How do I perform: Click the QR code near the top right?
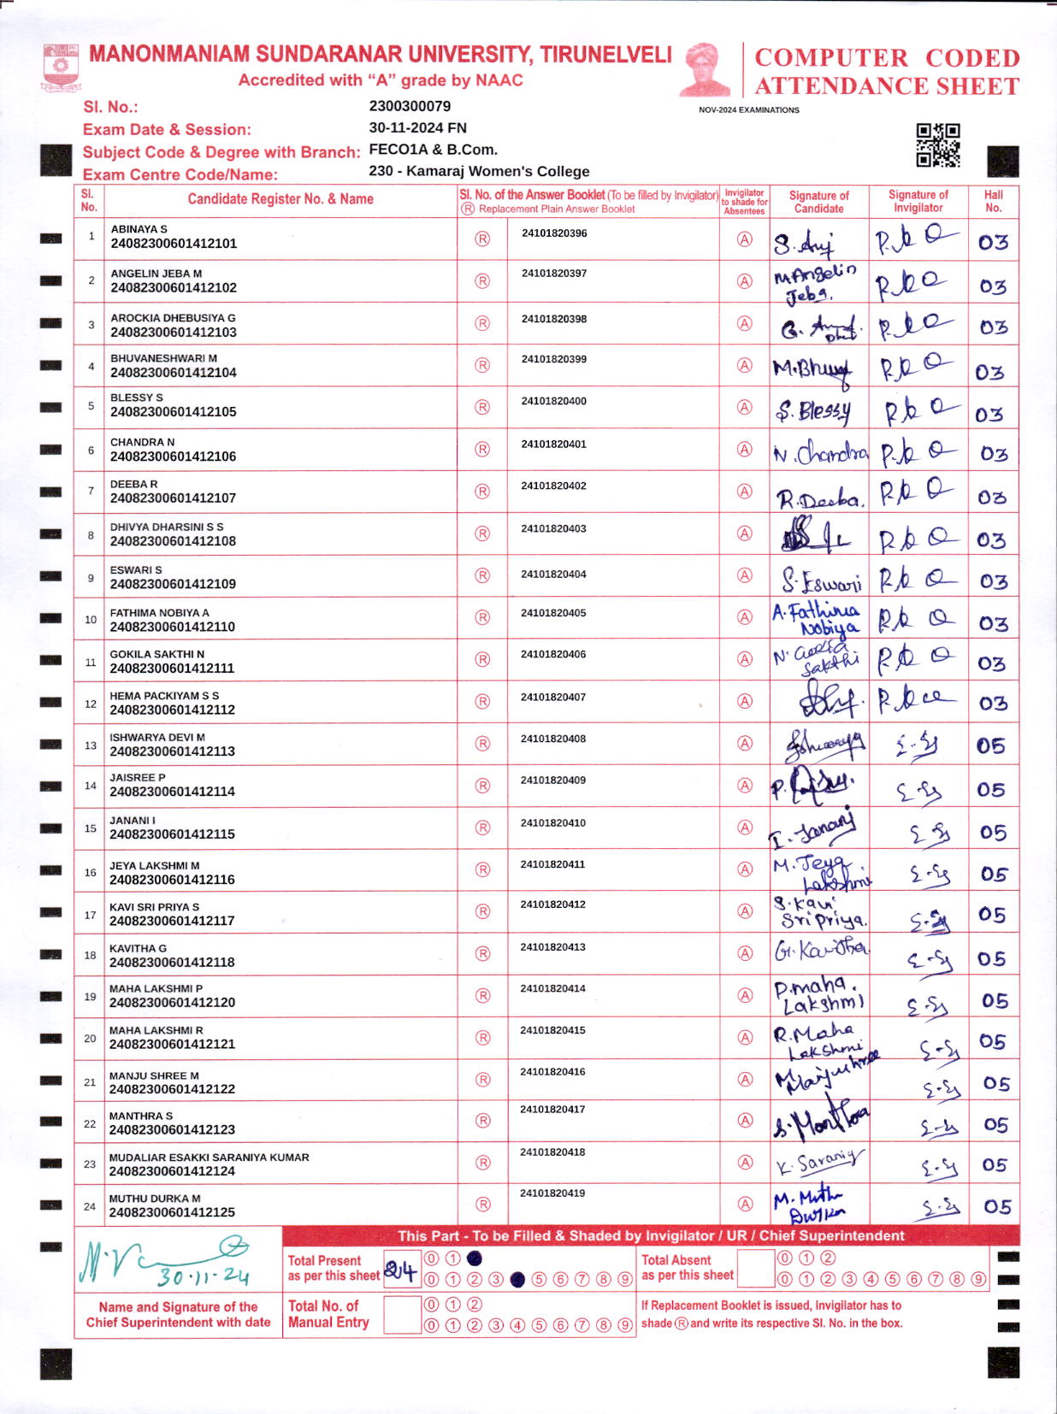938,145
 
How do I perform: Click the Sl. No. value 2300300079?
410,106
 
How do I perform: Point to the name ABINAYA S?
139,229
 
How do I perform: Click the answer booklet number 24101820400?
553,401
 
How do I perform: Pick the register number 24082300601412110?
172,627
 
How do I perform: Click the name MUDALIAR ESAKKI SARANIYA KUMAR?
209,1158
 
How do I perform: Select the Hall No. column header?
993,201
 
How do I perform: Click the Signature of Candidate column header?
818,202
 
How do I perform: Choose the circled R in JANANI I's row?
482,828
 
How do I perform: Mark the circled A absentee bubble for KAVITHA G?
745,953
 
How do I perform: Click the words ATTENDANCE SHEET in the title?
886,86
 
